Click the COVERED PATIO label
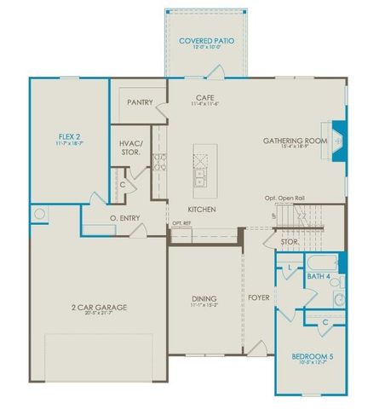(207, 41)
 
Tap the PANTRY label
(140, 102)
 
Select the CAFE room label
(204, 99)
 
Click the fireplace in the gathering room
(339, 141)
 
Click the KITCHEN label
(202, 209)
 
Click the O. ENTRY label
(125, 220)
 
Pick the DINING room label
(204, 298)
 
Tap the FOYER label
(259, 298)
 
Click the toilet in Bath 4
(338, 300)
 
